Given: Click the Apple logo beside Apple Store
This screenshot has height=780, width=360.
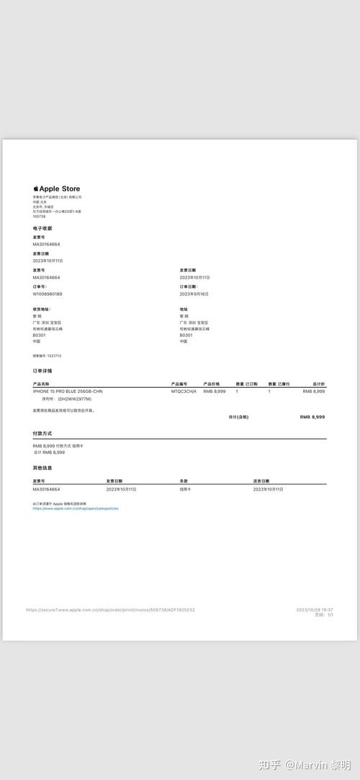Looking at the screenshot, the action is click(35, 189).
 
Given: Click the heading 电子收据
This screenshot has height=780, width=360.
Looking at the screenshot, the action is click(42, 228).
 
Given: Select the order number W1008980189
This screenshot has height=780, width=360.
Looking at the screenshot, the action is click(48, 294).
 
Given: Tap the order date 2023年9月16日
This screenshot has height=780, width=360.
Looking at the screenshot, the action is click(194, 294).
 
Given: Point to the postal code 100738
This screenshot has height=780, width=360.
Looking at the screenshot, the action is click(39, 216).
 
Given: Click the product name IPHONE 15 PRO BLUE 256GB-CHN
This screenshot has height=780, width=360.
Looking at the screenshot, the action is click(68, 391).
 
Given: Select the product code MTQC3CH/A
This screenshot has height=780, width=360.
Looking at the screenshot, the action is click(184, 391).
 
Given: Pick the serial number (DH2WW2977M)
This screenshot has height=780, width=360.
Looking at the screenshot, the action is click(75, 399).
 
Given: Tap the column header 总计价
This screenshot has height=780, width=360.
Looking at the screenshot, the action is click(318, 384).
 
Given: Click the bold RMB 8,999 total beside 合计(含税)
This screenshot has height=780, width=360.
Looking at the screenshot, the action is click(312, 417).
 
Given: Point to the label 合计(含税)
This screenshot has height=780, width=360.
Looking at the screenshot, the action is click(238, 417).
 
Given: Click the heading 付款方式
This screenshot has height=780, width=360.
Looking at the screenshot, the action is click(42, 433).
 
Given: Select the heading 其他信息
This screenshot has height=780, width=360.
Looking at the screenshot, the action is click(42, 468).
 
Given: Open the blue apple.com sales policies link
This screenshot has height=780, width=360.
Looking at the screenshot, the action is click(76, 508).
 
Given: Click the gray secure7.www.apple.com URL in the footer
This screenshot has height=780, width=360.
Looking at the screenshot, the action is click(110, 610).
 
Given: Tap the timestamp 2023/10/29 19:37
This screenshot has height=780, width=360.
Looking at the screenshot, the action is click(315, 610).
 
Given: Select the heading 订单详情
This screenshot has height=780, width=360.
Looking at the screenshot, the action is click(42, 371).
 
